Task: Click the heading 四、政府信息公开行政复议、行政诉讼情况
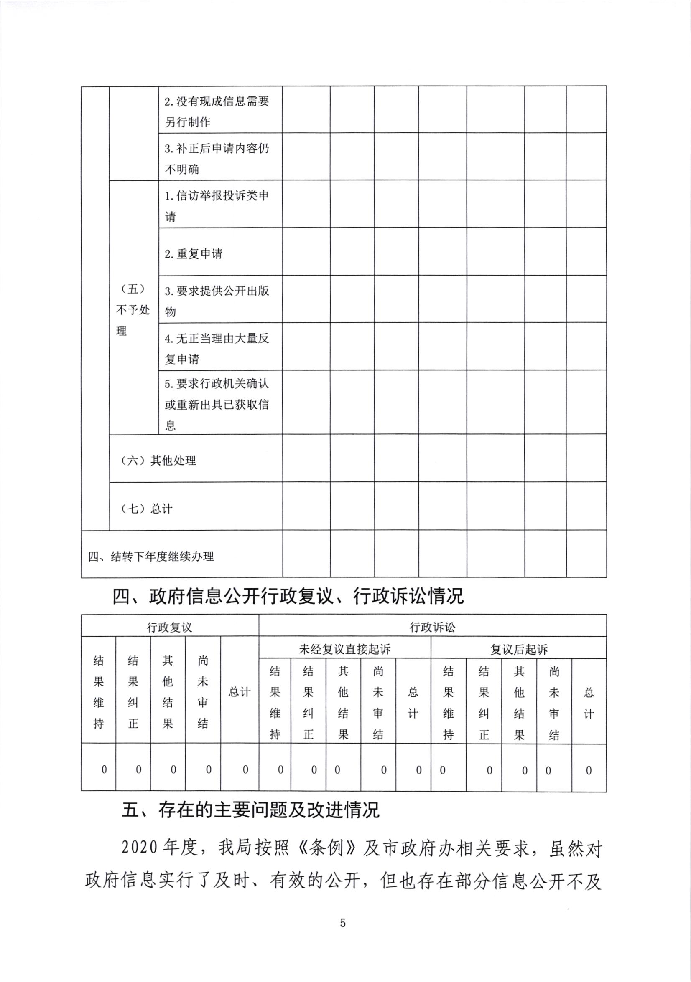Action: pyautogui.click(x=288, y=596)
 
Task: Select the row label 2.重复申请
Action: pyautogui.click(x=194, y=253)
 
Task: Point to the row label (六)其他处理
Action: pyautogui.click(x=158, y=460)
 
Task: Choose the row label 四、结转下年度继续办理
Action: pyautogui.click(x=151, y=557)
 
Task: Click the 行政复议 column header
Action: pyautogui.click(x=170, y=628)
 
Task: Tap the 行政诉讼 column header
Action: pyautogui.click(x=432, y=628)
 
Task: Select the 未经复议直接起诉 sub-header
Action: pyautogui.click(x=344, y=650)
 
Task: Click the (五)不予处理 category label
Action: pyautogui.click(x=133, y=310)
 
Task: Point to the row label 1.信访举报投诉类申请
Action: pyautogui.click(x=217, y=206)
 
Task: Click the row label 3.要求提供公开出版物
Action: pyautogui.click(x=217, y=301)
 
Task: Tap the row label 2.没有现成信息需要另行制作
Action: pyautogui.click(x=217, y=111)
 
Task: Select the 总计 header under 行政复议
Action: pyautogui.click(x=240, y=692)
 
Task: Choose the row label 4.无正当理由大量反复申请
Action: pyautogui.click(x=217, y=349)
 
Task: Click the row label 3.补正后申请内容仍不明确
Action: pyautogui.click(x=217, y=158)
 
